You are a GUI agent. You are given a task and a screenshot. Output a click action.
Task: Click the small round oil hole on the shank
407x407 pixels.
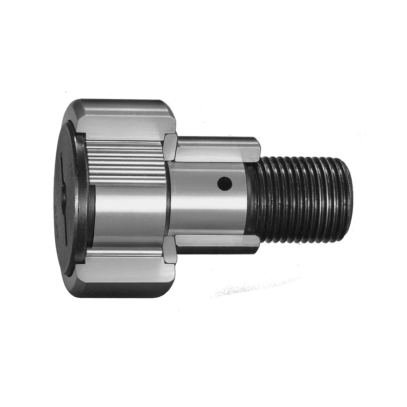[x=224, y=184]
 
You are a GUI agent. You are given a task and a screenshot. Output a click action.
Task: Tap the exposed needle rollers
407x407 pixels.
[x=126, y=162]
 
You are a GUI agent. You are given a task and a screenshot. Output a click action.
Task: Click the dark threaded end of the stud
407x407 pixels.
[x=301, y=199]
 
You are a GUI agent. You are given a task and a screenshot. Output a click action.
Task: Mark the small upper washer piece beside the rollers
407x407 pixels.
[x=170, y=147]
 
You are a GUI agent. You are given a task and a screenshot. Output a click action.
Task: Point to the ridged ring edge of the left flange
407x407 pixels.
[x=81, y=199]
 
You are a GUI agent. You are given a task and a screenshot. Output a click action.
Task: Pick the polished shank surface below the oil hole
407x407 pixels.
[x=208, y=212]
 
